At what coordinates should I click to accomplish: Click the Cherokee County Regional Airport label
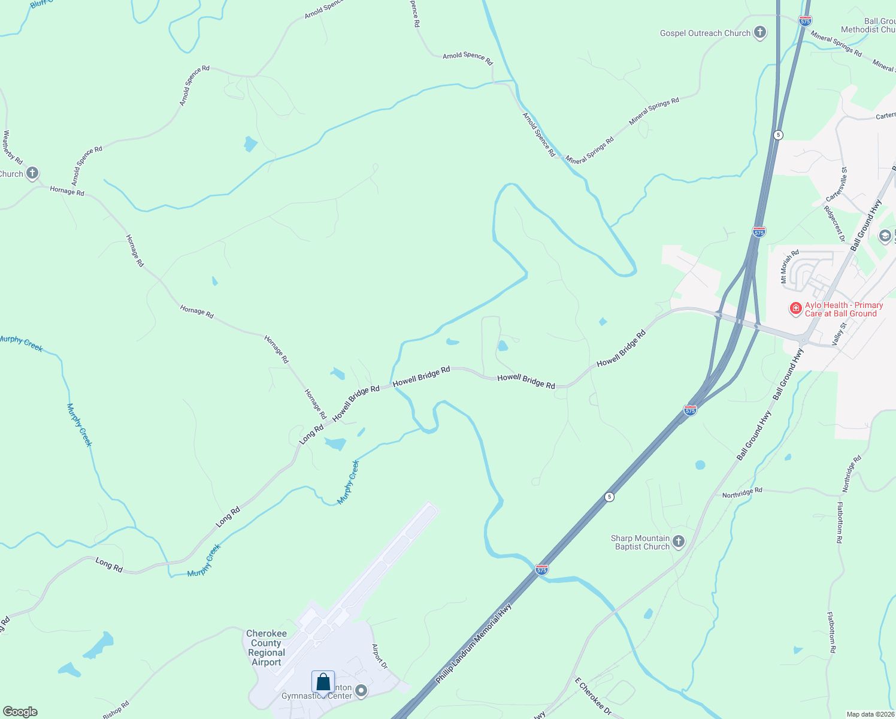click(267, 648)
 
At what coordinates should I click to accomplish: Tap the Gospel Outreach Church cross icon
click(760, 32)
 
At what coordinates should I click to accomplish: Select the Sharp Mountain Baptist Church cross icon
click(679, 542)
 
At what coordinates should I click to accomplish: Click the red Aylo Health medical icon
click(795, 309)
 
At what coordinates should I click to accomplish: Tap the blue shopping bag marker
click(323, 682)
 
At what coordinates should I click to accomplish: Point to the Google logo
click(20, 712)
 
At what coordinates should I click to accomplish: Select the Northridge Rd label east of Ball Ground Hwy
click(741, 493)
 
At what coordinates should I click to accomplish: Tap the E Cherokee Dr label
click(593, 696)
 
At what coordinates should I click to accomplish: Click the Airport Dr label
click(380, 657)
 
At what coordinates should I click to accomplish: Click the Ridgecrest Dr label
click(834, 223)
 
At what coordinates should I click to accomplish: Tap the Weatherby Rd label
click(13, 147)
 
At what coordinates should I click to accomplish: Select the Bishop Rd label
click(116, 710)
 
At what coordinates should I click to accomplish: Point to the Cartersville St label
click(836, 184)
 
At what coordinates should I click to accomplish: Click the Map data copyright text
click(870, 714)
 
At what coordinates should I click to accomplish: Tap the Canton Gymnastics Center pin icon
click(361, 691)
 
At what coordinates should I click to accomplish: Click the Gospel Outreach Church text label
click(705, 34)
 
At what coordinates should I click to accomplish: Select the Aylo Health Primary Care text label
click(844, 309)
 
